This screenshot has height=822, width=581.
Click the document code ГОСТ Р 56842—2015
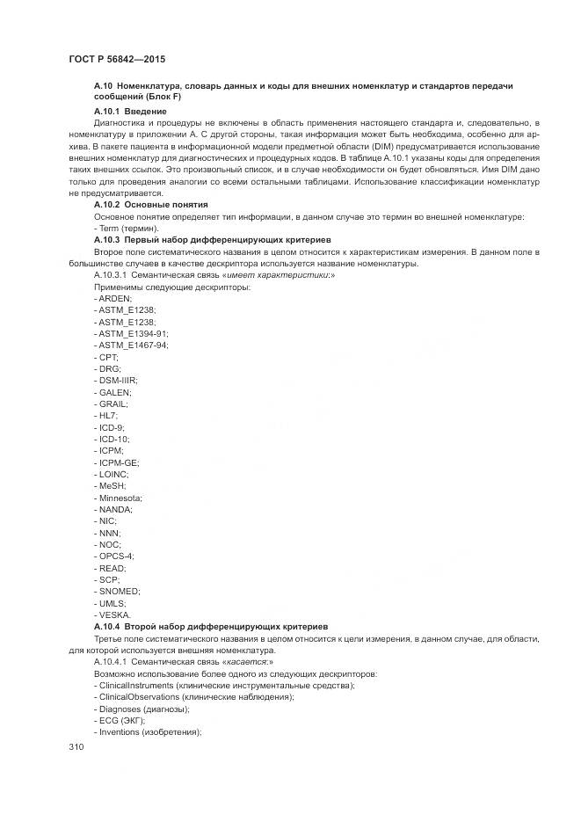pyautogui.click(x=117, y=59)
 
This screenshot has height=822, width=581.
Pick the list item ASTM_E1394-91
pyautogui.click(x=130, y=334)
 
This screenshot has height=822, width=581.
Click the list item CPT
pyautogui.click(x=106, y=357)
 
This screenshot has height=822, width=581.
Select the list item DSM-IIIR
pyautogui.click(x=115, y=380)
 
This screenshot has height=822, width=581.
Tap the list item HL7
pyautogui.click(x=106, y=414)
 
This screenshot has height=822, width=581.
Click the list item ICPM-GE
pyautogui.click(x=116, y=462)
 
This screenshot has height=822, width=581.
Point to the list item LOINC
pyautogui.click(x=112, y=473)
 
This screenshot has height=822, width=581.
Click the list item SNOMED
pyautogui.click(x=117, y=591)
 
